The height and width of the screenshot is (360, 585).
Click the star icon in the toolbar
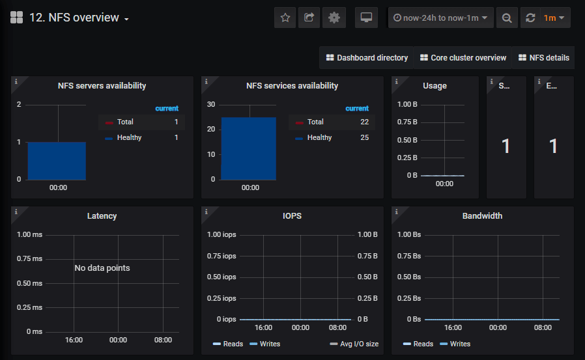pyautogui.click(x=285, y=18)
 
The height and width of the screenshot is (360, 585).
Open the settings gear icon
pyautogui.click(x=334, y=18)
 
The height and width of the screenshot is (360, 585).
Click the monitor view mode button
pyautogui.click(x=366, y=18)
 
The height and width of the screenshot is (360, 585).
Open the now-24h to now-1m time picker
pyautogui.click(x=441, y=18)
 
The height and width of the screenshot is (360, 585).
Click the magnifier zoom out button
pyautogui.click(x=506, y=18)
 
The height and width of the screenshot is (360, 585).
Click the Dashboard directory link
pyautogui.click(x=367, y=58)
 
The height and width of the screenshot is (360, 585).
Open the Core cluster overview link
pyautogui.click(x=463, y=58)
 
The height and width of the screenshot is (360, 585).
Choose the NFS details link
pyautogui.click(x=544, y=58)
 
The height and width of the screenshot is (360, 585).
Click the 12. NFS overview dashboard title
pyautogui.click(x=74, y=18)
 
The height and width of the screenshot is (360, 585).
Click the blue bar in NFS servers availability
pyautogui.click(x=57, y=160)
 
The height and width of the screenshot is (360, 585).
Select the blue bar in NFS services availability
pyautogui.click(x=248, y=148)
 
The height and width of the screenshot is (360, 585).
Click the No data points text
pyautogui.click(x=102, y=268)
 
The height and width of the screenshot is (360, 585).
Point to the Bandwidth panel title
pyautogui.click(x=482, y=216)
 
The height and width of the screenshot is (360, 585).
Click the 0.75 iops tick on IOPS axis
pyautogui.click(x=221, y=256)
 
